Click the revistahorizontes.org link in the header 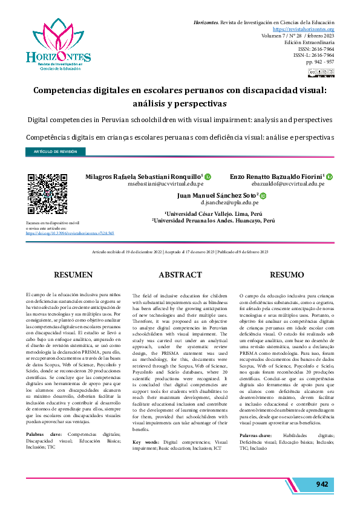[x=304, y=29]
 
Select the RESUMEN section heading [x=73, y=274]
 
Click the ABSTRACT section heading [x=180, y=274]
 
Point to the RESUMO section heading [x=287, y=274]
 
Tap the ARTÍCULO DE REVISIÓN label [x=55, y=152]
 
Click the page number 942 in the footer [x=321, y=484]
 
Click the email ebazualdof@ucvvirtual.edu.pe [x=288, y=184]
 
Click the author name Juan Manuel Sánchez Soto [x=217, y=196]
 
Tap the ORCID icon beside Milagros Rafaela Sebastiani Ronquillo [x=208, y=176]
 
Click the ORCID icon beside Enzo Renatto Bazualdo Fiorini [x=330, y=176]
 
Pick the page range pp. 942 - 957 [x=320, y=62]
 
